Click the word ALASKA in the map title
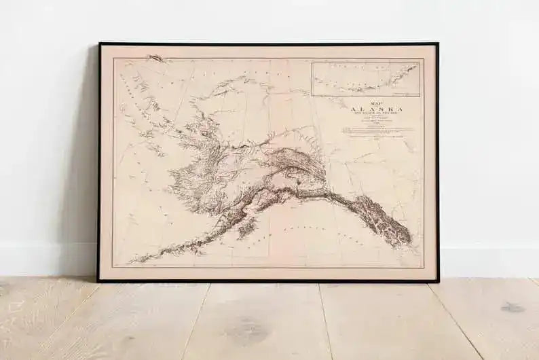coord(377,108)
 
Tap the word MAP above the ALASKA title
coord(377,101)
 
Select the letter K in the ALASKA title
coord(392,108)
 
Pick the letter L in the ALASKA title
coord(361,108)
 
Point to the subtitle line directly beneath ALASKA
coord(377,114)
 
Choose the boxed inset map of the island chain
coord(366,78)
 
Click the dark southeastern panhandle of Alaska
coord(387,221)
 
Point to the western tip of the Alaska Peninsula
coord(131,261)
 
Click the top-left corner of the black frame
coord(99,44)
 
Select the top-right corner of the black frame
coord(437,44)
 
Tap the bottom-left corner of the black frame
coord(98,280)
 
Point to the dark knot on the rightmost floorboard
coord(513,307)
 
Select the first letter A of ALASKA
coord(354,108)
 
